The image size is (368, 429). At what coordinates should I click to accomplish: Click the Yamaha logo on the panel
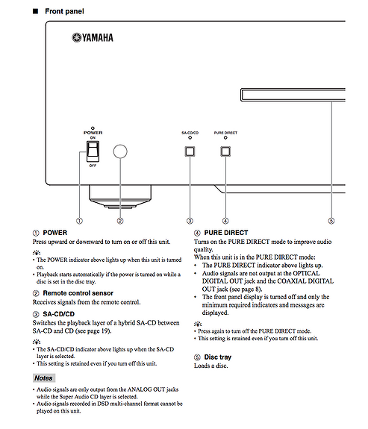[93, 37]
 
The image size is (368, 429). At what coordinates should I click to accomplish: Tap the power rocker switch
[93, 151]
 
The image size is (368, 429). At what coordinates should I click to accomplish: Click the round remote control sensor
[120, 151]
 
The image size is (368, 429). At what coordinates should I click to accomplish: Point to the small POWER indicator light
[93, 128]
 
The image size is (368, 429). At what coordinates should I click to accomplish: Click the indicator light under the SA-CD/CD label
[190, 137]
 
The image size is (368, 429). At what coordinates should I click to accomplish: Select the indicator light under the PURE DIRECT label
[225, 137]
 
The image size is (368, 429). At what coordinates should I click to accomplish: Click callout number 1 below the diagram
[79, 221]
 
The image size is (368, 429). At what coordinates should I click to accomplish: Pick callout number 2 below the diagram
[120, 221]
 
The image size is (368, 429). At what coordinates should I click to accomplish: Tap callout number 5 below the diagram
[331, 221]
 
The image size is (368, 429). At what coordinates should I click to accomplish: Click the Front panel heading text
[64, 11]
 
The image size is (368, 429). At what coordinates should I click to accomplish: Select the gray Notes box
[44, 378]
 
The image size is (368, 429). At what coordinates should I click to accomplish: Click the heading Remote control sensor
[78, 293]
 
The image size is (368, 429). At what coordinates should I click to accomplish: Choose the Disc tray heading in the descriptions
[218, 357]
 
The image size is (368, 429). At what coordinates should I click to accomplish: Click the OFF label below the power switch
[93, 166]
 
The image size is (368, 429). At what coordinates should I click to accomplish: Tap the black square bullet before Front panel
[35, 11]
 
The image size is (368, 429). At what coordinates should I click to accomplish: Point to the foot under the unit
[120, 197]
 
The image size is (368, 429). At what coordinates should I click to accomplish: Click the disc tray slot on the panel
[293, 95]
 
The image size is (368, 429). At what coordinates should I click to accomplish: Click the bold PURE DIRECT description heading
[226, 233]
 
